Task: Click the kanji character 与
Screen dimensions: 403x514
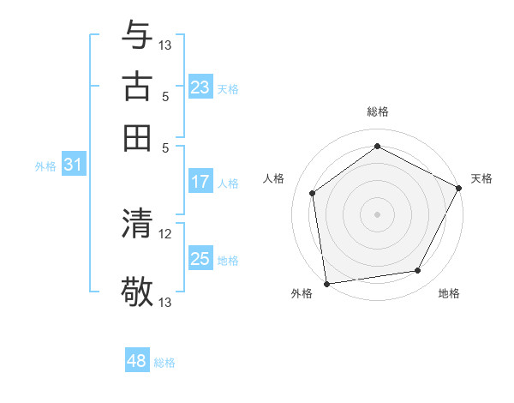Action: (x=138, y=35)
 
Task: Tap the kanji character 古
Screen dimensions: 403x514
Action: (x=138, y=86)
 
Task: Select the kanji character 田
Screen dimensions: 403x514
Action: (x=138, y=137)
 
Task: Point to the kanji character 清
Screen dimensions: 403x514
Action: (x=138, y=224)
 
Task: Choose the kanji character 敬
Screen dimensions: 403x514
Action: (x=138, y=292)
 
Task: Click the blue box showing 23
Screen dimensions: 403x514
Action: (x=200, y=87)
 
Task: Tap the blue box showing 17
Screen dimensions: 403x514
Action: (x=200, y=182)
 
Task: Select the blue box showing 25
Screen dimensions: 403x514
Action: (x=200, y=259)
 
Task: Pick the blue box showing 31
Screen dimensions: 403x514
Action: (x=73, y=165)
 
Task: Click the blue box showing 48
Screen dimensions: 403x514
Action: (x=137, y=361)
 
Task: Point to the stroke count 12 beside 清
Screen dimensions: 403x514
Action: (x=165, y=233)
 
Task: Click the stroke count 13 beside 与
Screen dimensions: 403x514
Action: (x=165, y=45)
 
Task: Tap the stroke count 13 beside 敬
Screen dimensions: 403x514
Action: (x=165, y=302)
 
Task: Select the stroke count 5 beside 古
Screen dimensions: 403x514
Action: (x=165, y=96)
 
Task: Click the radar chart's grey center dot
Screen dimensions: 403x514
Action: (x=377, y=214)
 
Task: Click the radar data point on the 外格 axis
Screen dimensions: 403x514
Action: (x=326, y=283)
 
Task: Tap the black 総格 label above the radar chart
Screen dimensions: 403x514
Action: (x=377, y=111)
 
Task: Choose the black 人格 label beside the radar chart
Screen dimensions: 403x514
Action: (x=274, y=178)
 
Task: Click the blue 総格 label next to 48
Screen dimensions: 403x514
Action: (x=164, y=363)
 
